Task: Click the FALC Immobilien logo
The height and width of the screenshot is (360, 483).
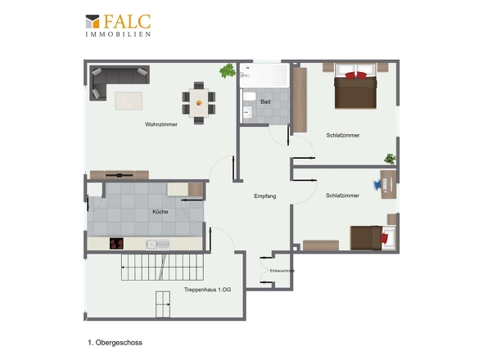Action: [118, 25]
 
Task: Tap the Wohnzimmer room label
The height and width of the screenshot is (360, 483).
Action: [161, 124]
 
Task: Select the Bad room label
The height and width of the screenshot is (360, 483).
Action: [265, 101]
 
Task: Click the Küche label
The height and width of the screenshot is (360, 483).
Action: [160, 212]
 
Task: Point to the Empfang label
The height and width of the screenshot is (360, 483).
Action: [265, 196]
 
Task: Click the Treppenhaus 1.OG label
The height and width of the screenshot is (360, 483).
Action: [208, 290]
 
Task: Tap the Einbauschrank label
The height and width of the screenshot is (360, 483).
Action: [282, 271]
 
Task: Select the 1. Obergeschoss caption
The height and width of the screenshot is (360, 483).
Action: [115, 343]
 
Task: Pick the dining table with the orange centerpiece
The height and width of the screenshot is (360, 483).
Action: [199, 103]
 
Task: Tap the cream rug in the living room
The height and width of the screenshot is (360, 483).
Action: [129, 101]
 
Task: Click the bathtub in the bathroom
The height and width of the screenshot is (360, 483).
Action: [264, 75]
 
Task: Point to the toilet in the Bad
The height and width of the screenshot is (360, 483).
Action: [249, 97]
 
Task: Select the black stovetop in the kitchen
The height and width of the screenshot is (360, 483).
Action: [116, 244]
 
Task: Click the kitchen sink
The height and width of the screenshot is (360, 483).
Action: [158, 245]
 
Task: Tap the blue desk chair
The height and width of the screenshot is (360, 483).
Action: [377, 185]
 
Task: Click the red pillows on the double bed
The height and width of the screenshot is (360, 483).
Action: [356, 75]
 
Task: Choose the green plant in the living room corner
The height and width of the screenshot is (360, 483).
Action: [228, 71]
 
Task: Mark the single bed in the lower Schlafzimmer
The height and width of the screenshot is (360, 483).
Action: [372, 238]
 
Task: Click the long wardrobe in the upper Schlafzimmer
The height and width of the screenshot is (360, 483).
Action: [300, 100]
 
